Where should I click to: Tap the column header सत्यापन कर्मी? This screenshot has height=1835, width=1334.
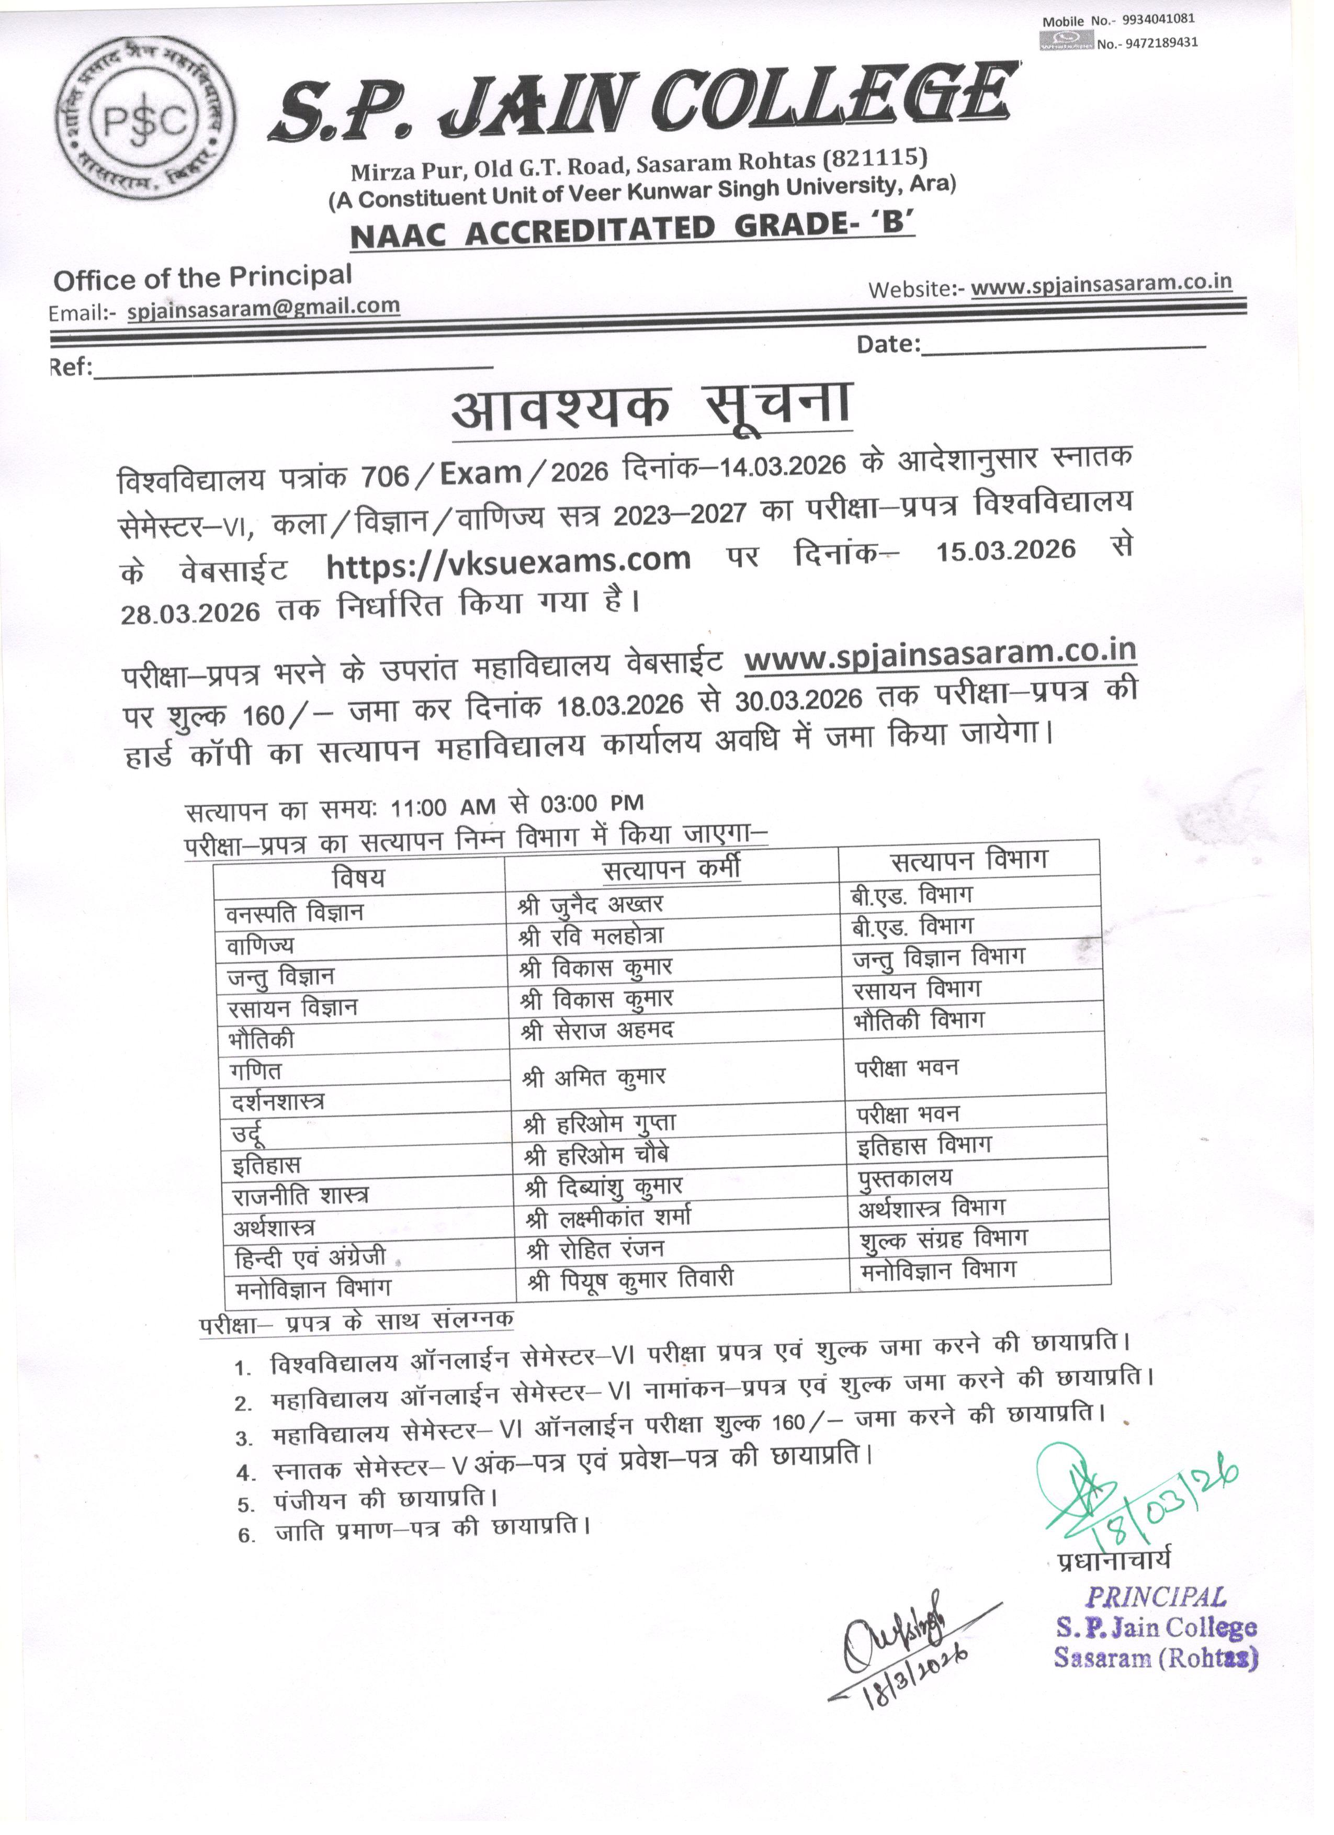(x=672, y=869)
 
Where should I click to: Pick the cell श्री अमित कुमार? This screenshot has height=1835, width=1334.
(x=595, y=1077)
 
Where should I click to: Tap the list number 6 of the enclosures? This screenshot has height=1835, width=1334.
(x=247, y=1535)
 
